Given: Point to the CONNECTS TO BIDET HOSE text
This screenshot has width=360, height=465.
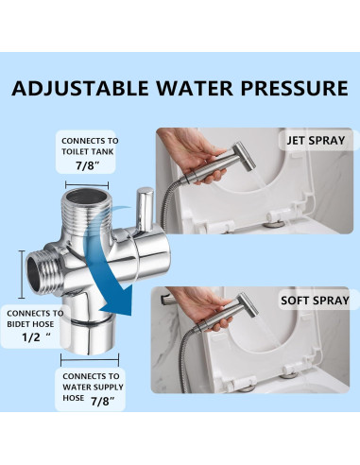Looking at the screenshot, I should [36, 319].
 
